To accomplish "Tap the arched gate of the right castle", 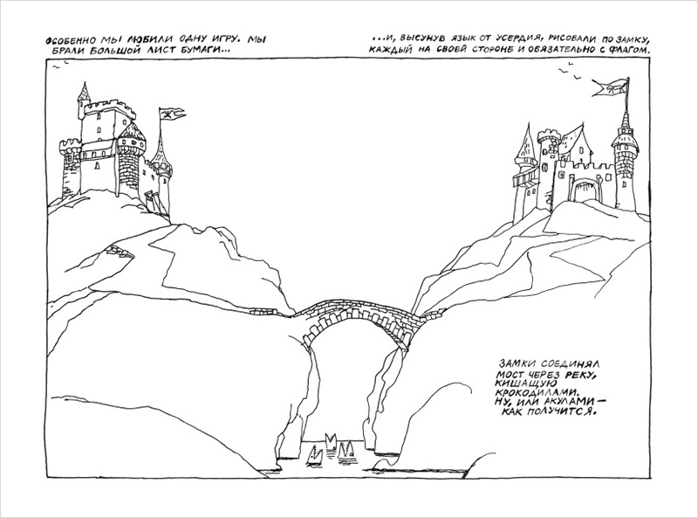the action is [582, 191].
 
